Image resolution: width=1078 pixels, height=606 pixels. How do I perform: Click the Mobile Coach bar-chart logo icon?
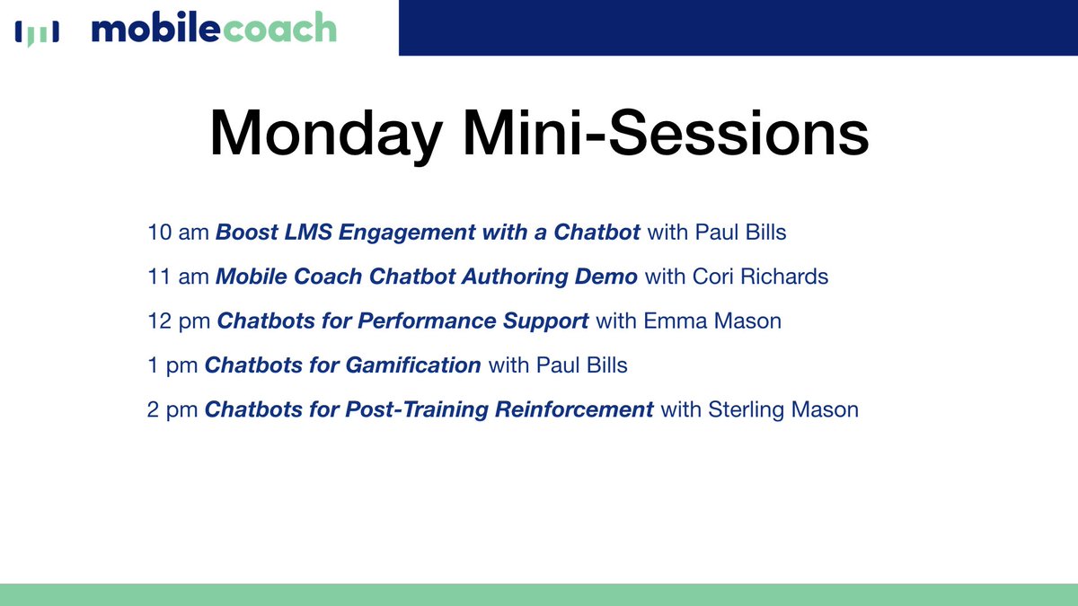[x=37, y=32]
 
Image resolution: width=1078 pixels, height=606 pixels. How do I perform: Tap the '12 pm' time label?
[x=179, y=321]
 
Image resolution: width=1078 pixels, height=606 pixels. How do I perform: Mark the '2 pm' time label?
[x=172, y=410]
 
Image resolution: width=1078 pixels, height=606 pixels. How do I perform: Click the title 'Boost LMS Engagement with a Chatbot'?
[x=429, y=233]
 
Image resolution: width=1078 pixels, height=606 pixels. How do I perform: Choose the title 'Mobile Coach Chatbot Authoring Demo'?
[x=427, y=277]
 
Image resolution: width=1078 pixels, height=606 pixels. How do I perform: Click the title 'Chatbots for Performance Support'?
[x=403, y=321]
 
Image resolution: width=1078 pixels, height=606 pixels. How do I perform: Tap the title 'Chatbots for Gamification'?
[x=343, y=365]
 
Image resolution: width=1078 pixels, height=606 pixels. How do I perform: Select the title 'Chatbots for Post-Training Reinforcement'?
[x=429, y=410]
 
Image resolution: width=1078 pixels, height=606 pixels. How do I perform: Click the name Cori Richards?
[x=760, y=277]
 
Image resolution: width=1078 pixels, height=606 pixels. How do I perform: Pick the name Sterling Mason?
[x=784, y=410]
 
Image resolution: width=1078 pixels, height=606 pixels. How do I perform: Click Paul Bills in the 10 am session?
[x=741, y=233]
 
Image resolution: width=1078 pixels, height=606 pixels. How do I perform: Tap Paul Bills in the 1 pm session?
[x=582, y=365]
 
